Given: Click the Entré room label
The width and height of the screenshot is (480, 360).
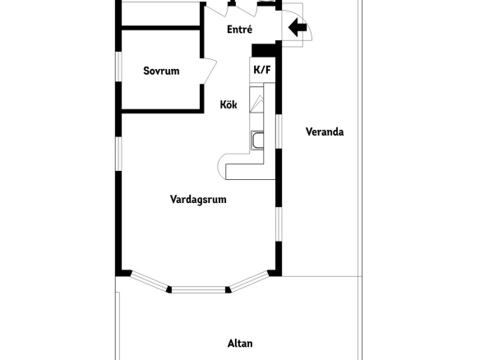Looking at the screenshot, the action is [240, 30].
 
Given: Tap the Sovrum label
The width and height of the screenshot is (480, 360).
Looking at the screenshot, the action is [161, 71].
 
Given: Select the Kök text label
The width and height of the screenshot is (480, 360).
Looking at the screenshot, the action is [228, 104].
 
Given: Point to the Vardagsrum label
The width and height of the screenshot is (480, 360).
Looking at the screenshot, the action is [198, 199].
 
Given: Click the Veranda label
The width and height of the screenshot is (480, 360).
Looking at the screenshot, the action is [325, 132].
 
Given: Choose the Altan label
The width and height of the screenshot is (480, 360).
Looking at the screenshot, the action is [240, 344].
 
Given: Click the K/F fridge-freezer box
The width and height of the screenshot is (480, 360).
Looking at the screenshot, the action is [262, 70].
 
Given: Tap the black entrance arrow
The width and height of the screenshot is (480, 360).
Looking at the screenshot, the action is [298, 27].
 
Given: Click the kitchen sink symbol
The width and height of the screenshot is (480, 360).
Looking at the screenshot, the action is [257, 141].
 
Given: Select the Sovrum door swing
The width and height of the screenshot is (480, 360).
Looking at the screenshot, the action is [210, 71].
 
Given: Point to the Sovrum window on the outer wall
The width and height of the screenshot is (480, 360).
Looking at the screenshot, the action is [118, 67].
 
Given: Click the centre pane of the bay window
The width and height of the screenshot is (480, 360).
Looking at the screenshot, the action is [198, 289].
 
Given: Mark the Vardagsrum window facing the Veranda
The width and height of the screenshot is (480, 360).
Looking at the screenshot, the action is [279, 224].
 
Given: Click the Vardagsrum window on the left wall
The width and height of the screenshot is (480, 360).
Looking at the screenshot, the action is [118, 154].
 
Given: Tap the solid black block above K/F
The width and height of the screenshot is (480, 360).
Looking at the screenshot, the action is [263, 50].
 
